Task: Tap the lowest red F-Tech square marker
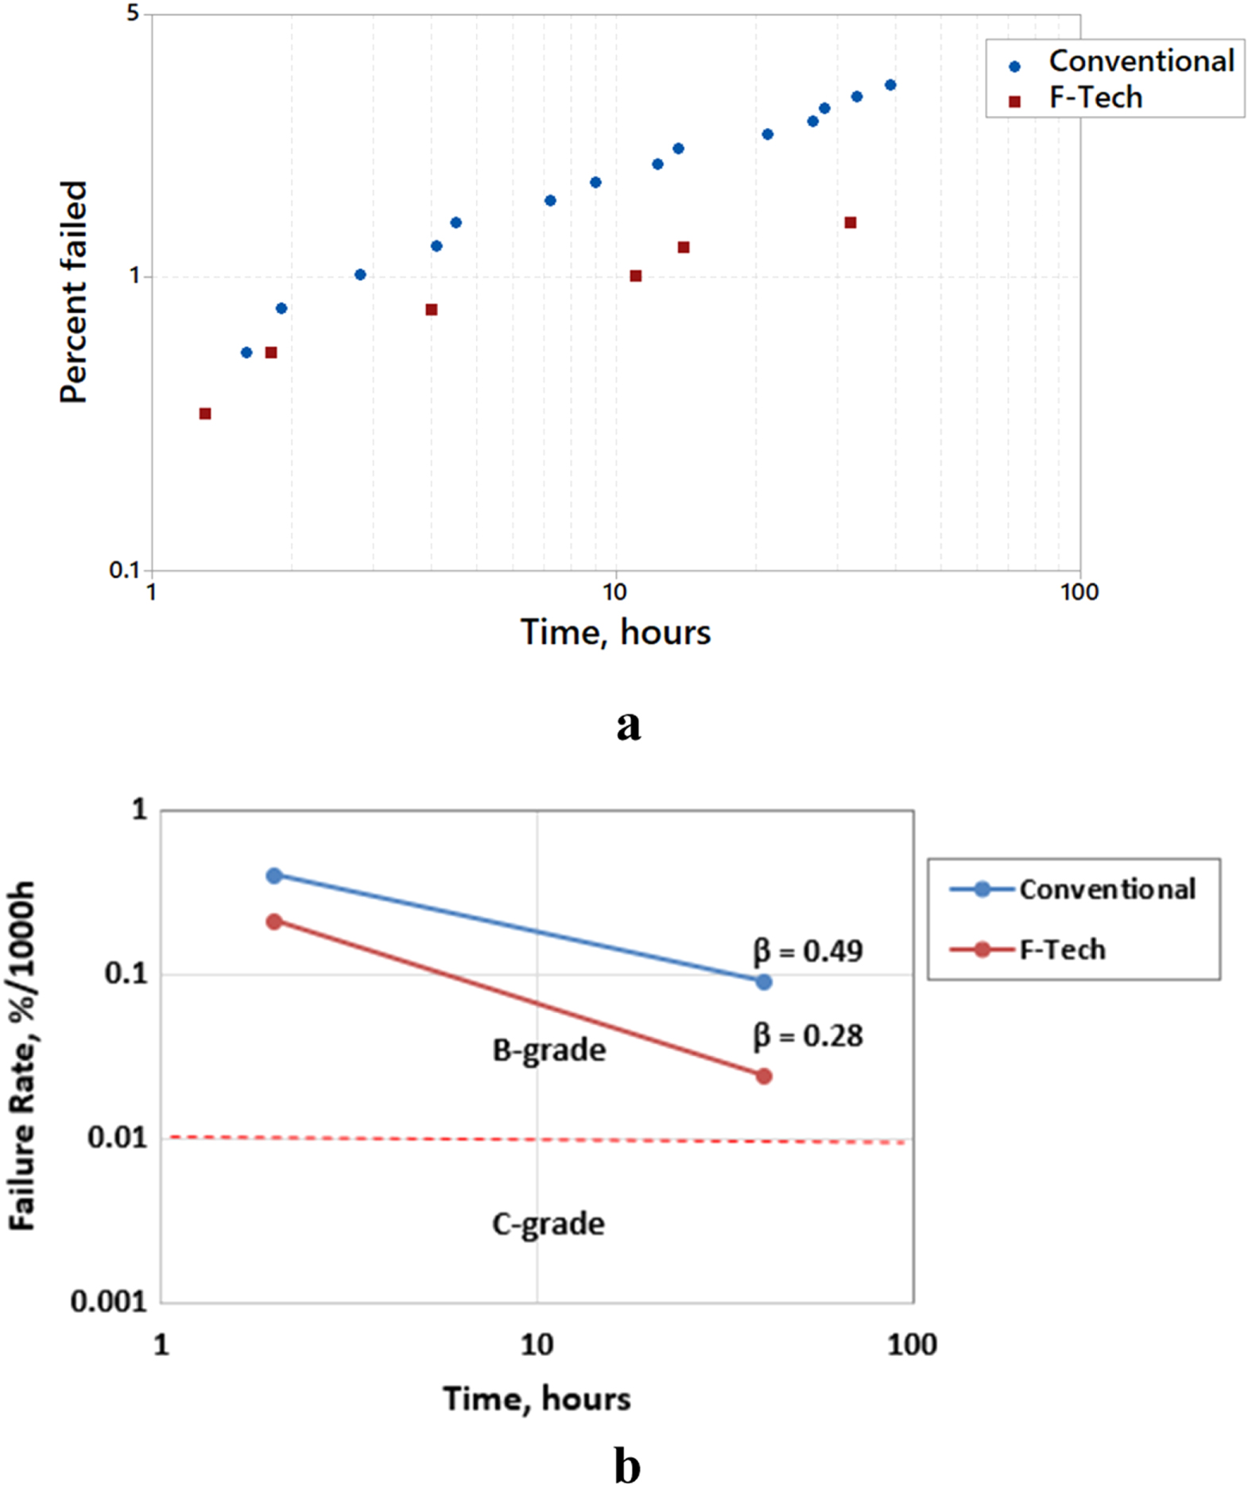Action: point(205,413)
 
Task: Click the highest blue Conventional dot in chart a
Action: point(890,85)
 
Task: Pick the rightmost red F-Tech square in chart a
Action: point(851,223)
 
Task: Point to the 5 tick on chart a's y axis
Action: point(133,14)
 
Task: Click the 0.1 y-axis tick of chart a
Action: point(125,570)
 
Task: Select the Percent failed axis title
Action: point(73,292)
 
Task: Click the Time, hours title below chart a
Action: point(615,633)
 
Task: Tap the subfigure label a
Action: point(628,724)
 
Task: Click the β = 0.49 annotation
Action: point(808,950)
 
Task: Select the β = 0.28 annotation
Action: point(808,1035)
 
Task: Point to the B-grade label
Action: point(549,1050)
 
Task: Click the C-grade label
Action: point(548,1224)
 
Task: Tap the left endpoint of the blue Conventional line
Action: point(274,876)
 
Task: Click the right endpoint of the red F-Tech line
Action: point(763,1076)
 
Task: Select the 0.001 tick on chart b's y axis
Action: point(110,1302)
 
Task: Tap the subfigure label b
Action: point(627,1464)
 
